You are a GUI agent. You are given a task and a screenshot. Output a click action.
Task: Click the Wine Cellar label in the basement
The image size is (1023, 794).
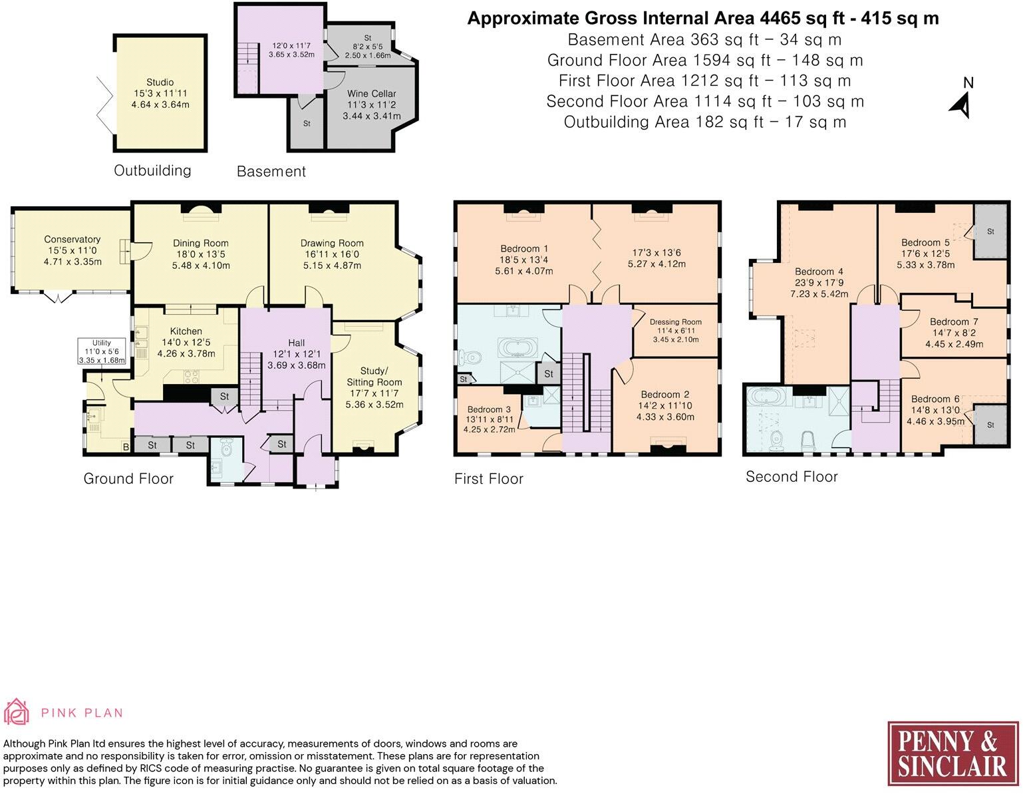pos(371,94)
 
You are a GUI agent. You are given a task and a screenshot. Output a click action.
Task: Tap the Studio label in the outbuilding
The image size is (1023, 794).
pos(160,83)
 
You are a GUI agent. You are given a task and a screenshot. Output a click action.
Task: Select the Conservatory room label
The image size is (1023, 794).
pos(73,239)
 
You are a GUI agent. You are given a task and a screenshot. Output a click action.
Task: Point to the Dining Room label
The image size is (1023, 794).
pos(201,243)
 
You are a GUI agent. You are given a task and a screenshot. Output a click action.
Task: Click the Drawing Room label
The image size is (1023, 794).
pos(332,243)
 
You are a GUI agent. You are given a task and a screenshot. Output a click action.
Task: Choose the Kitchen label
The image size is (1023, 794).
pos(186,331)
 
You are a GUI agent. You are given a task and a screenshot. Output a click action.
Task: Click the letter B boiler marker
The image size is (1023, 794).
pos(126,447)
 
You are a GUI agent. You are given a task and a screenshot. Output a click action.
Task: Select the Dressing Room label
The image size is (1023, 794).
pos(676,322)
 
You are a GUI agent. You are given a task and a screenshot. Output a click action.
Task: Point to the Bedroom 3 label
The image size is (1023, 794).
pos(489,410)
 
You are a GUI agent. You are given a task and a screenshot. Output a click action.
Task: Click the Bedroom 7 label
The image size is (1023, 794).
pos(954,321)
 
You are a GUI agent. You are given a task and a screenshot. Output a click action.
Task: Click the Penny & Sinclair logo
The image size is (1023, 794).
pos(953,753)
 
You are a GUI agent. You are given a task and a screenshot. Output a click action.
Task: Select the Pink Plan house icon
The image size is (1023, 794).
pos(16,711)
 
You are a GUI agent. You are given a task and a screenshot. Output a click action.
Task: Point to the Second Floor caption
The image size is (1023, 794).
pos(792,477)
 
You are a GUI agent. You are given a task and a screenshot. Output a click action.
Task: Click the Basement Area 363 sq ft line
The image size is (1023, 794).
pos(705,39)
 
